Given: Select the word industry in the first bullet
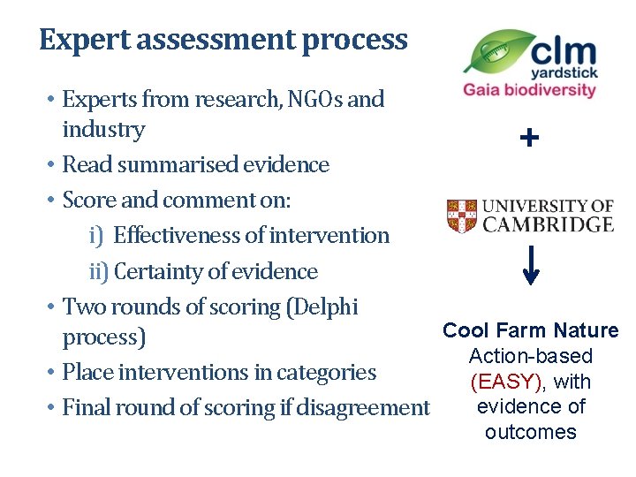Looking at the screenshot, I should [103, 130].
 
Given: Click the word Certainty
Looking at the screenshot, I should [165, 272].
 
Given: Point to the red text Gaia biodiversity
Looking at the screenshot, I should [529, 91].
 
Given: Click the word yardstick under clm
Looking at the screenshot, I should [564, 74].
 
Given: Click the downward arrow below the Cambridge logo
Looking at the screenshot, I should [530, 266].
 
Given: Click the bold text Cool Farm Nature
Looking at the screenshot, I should [530, 331].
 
